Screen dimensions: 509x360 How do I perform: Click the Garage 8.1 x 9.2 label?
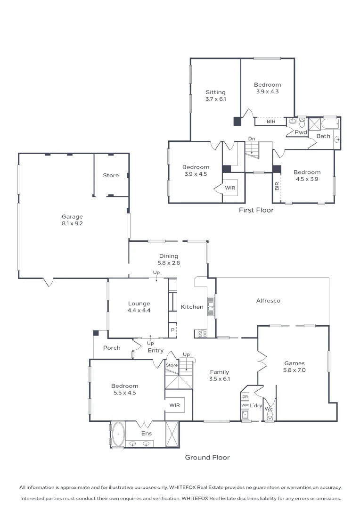coord(72,220)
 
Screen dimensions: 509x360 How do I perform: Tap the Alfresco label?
coord(268,300)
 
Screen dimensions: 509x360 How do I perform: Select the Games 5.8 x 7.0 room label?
coord(295,367)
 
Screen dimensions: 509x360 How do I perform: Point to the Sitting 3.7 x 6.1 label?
coord(215,96)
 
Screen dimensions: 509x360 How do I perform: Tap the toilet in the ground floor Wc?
coord(270,416)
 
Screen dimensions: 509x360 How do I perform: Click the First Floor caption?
coord(256,210)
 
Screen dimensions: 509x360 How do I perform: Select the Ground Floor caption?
coord(207,457)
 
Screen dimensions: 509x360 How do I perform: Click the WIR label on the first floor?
coord(230,188)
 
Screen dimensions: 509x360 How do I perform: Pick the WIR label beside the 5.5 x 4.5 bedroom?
coord(174,405)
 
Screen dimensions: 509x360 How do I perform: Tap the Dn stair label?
coord(252,139)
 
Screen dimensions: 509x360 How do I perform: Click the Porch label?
coord(112,348)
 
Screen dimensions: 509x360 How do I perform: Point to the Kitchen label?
coord(192,307)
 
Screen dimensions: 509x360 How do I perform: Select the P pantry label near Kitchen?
coord(173,330)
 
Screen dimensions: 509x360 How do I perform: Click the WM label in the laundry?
coord(245,405)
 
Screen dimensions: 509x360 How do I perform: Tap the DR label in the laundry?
coord(245,397)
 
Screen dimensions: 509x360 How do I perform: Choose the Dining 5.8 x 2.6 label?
coord(168,260)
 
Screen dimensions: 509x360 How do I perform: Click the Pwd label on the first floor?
coord(301,132)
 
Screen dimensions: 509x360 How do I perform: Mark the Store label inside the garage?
coord(111,175)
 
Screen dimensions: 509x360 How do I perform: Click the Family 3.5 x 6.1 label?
coord(220,375)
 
